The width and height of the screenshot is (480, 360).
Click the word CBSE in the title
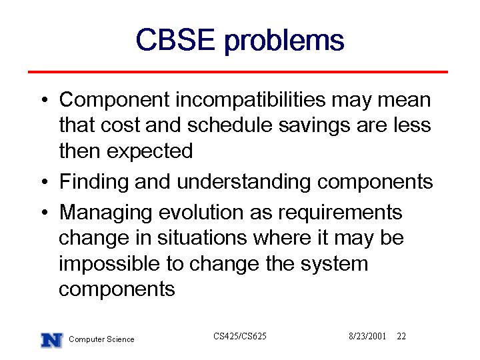(x=175, y=39)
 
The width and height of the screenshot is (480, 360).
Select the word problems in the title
(x=285, y=41)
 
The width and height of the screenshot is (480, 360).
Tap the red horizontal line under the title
(x=238, y=72)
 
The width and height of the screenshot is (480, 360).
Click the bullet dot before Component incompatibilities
(x=45, y=100)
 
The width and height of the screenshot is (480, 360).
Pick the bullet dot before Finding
(x=45, y=181)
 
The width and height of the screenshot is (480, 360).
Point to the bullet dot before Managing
(x=45, y=212)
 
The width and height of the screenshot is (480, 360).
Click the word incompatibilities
(x=251, y=100)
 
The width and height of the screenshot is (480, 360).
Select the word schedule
(x=229, y=125)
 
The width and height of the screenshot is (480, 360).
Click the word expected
(x=150, y=151)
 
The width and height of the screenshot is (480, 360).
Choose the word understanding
(x=244, y=183)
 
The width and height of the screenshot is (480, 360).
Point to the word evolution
(x=201, y=212)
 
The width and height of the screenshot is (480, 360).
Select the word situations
(x=202, y=238)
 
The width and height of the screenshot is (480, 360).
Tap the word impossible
(x=109, y=264)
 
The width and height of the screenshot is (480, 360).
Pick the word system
(x=334, y=265)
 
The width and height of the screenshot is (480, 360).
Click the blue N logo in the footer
(x=52, y=340)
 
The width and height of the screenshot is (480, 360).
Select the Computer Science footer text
(x=101, y=339)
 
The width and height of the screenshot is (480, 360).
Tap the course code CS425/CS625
(x=240, y=336)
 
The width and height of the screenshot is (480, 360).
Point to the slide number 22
(x=401, y=336)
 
